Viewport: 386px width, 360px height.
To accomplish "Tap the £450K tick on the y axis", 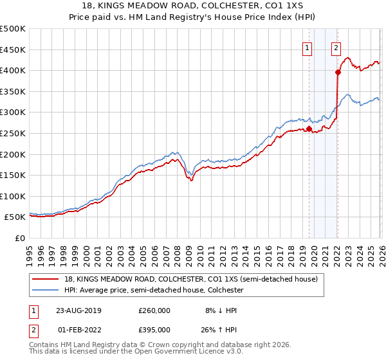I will (x=12, y=50).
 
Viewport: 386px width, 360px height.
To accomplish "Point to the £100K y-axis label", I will (x=12, y=196).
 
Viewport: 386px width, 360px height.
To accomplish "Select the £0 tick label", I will (x=19, y=238).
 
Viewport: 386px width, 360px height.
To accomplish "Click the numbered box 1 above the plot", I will (x=307, y=47).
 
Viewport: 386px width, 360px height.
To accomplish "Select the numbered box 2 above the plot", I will (x=336, y=47).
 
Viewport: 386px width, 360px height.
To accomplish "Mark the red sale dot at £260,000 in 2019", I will (x=309, y=129).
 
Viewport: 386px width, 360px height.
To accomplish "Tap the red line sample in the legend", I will (x=45, y=280).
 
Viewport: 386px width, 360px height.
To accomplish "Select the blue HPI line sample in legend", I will (x=45, y=291).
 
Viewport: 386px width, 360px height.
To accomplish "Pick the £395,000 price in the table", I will (x=154, y=330).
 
